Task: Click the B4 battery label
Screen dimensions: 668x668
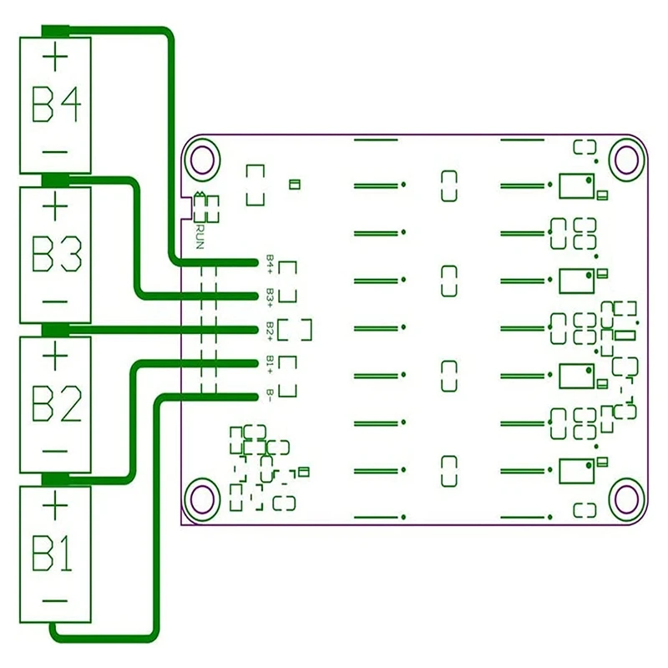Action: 57,105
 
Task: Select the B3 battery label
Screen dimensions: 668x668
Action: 57,255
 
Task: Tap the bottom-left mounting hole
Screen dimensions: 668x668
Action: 201,498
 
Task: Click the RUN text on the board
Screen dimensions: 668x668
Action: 200,233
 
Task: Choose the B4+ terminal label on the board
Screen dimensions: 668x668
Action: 270,262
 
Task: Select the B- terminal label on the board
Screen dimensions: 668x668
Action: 270,395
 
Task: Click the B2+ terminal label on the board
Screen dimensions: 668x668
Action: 270,328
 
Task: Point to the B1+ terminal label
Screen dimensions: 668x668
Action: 270,362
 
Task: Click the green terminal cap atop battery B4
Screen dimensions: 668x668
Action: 55,32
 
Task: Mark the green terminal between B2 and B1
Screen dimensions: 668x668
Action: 55,478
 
